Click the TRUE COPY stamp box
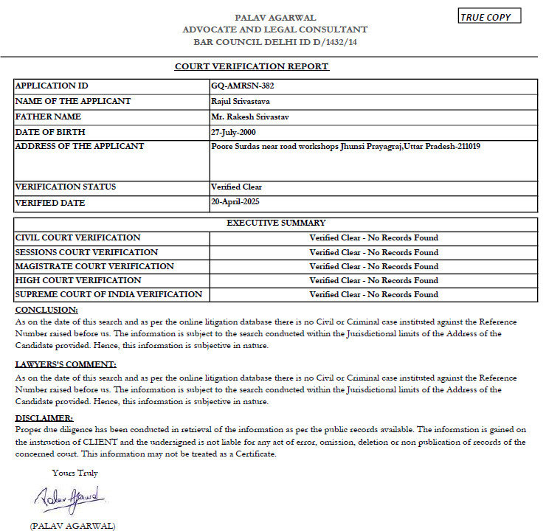point(489,17)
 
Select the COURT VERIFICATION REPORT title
point(252,66)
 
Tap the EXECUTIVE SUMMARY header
point(276,223)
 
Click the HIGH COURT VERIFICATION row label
point(78,280)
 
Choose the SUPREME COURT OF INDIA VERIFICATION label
point(108,294)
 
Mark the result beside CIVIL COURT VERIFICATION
point(373,238)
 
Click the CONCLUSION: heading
point(46,310)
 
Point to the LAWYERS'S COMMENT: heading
point(66,364)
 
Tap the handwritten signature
point(70,499)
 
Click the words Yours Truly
point(75,473)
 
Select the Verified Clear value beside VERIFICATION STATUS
point(236,187)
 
